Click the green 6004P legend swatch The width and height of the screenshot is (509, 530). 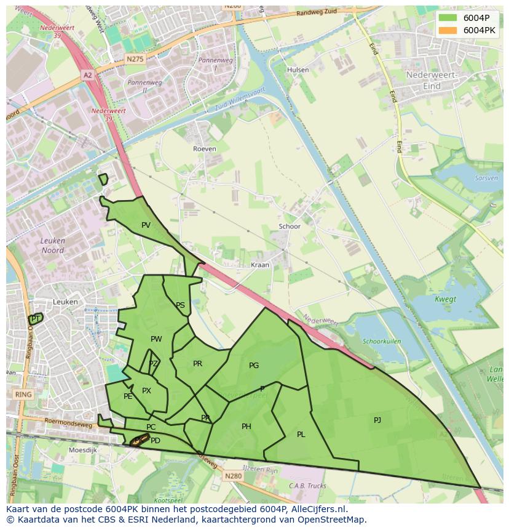[448, 18]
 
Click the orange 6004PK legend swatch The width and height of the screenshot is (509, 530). [448, 30]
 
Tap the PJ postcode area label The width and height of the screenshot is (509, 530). [377, 420]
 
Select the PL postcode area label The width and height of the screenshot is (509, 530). [301, 435]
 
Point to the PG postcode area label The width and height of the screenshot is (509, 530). [254, 366]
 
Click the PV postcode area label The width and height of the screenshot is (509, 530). [146, 225]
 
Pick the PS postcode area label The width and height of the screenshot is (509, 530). [180, 305]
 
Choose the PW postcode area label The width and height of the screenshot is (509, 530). [156, 339]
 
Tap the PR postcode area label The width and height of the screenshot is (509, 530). [197, 364]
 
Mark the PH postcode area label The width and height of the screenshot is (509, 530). [247, 427]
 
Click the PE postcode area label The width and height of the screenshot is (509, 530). [128, 396]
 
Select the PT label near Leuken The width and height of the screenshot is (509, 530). [36, 319]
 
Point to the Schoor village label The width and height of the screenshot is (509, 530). [290, 227]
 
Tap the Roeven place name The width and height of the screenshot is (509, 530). [205, 149]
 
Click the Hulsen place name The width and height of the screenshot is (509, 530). [298, 70]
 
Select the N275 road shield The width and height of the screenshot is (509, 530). [134, 58]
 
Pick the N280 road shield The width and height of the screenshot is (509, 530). [233, 476]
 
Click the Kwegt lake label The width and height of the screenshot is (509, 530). [446, 300]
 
